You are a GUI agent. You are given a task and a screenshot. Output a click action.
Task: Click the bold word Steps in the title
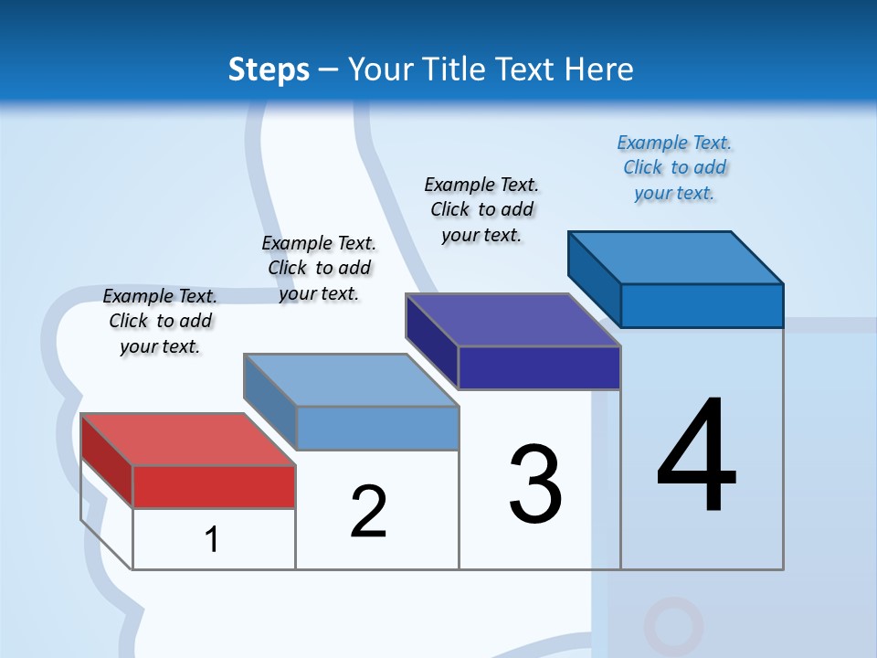269,69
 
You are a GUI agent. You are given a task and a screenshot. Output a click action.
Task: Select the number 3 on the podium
535,485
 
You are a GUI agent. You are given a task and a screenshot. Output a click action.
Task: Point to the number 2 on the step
369,512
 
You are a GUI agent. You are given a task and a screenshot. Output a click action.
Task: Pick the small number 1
212,539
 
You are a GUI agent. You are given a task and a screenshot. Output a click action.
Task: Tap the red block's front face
214,486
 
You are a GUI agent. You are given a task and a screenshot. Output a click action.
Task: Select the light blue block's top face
351,379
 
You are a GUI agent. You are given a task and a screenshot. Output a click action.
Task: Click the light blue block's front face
377,428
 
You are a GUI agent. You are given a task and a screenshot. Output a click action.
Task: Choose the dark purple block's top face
512,320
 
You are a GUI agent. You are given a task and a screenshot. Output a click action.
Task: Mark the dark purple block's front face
539,367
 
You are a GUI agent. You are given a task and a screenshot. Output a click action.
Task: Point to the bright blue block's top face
675,257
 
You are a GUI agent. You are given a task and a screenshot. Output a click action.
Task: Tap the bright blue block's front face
702,305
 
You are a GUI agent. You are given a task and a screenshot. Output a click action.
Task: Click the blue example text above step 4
674,168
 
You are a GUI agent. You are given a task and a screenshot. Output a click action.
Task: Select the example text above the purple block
481,209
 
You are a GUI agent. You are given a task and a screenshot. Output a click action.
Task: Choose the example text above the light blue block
319,268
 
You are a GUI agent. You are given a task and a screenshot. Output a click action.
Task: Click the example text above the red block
160,321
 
